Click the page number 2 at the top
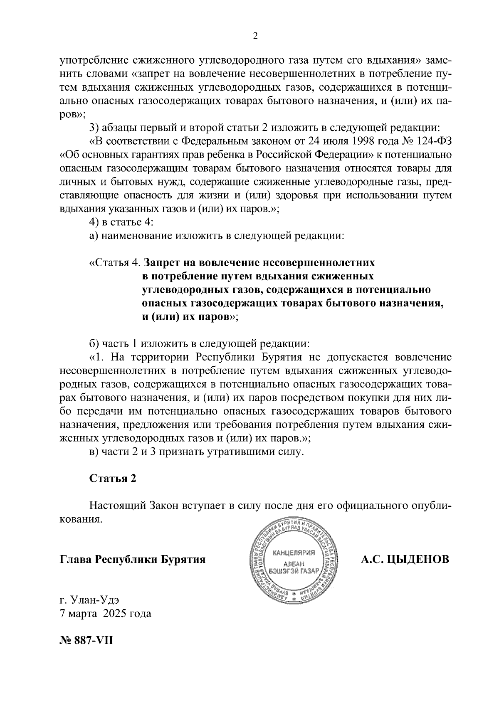point(255,36)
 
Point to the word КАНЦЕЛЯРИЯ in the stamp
point(294,553)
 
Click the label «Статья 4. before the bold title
point(116,263)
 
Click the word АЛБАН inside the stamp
point(294,564)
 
